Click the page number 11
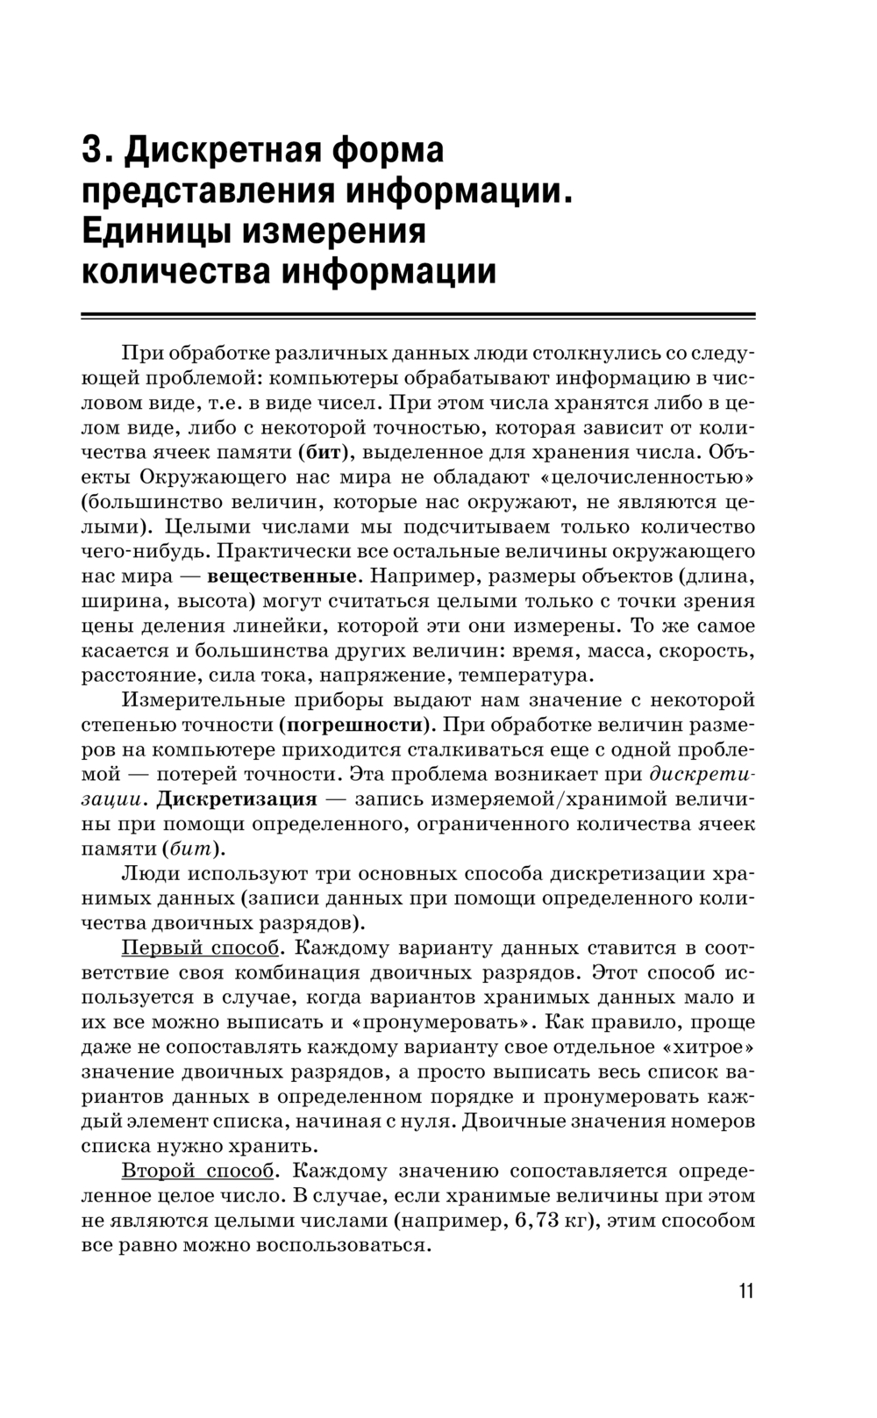click(745, 1291)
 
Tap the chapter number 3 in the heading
click(90, 150)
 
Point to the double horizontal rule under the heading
click(418, 315)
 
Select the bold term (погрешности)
click(357, 726)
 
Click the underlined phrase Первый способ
click(200, 949)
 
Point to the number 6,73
click(535, 1221)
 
